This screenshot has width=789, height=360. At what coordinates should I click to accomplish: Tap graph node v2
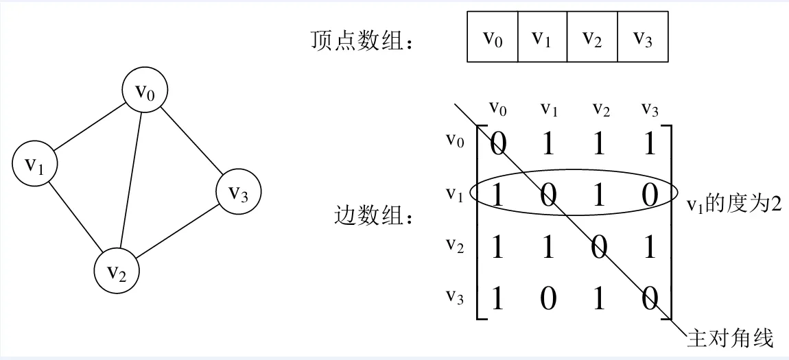[x=117, y=271]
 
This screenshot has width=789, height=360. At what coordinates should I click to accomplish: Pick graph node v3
[x=238, y=193]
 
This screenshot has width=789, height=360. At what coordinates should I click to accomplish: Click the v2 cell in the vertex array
[x=592, y=37]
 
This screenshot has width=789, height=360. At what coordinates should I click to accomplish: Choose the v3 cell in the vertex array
[x=642, y=37]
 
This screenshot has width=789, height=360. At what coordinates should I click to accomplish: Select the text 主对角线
[x=730, y=337]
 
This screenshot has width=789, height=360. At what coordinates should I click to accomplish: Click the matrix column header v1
[x=548, y=108]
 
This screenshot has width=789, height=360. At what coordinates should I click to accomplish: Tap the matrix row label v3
[x=455, y=296]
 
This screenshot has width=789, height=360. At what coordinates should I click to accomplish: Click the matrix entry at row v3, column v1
[x=548, y=299]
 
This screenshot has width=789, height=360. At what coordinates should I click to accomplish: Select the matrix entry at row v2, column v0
[x=496, y=247]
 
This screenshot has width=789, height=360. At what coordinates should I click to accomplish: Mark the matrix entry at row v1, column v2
[x=599, y=195]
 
